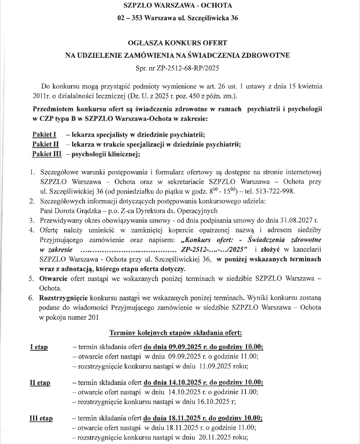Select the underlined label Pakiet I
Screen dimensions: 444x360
(x=44, y=135)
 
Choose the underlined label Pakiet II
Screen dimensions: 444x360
(x=45, y=144)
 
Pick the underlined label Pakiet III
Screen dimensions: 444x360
(x=47, y=154)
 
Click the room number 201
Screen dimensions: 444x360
(x=91, y=317)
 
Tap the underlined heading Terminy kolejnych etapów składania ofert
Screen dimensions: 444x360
(x=176, y=332)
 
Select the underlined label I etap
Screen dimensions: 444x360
(x=39, y=347)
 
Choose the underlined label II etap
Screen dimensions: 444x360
(x=40, y=383)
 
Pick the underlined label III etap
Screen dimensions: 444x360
(x=41, y=418)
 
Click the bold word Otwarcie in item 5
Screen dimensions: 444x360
(x=52, y=278)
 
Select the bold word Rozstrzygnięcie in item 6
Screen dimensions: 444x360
(x=63, y=298)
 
